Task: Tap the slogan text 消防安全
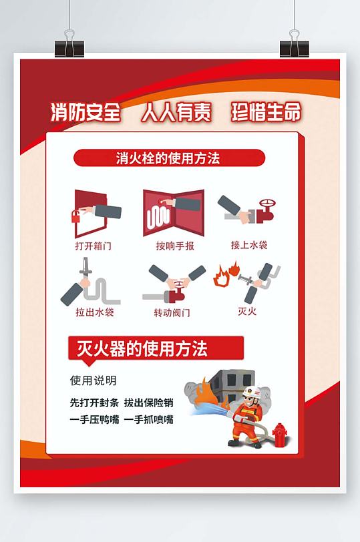coord(85,113)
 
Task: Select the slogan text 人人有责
coord(176,113)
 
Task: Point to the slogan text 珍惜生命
coord(266,112)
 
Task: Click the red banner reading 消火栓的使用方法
coord(168,158)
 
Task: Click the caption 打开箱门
coord(93,246)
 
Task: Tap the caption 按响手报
coord(175,246)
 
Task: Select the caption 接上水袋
coord(249,245)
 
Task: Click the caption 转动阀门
coord(172,312)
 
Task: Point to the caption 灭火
coord(247,311)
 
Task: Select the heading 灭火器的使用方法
coord(138,348)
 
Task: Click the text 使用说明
coord(94,380)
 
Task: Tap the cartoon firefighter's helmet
coord(250,391)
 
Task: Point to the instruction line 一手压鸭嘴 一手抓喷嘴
coord(122,420)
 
